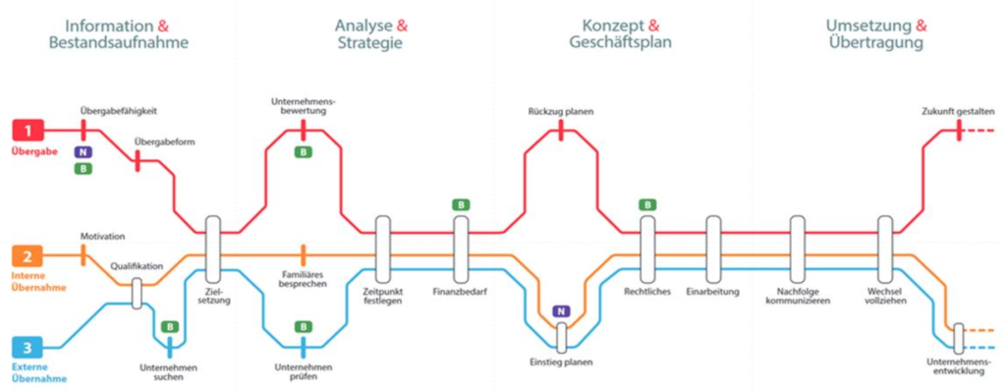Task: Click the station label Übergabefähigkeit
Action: (x=119, y=110)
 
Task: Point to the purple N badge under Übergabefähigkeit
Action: (x=83, y=152)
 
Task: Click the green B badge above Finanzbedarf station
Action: (x=460, y=205)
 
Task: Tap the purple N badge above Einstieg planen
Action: (x=561, y=311)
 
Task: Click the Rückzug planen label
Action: (x=561, y=111)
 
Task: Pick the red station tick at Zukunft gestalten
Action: (x=959, y=131)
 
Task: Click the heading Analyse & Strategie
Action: (x=370, y=34)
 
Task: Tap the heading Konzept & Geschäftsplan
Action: (x=622, y=34)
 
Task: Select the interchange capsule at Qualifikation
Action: (x=137, y=294)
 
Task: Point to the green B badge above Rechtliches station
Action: (x=647, y=205)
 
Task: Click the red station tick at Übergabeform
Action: (x=138, y=161)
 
